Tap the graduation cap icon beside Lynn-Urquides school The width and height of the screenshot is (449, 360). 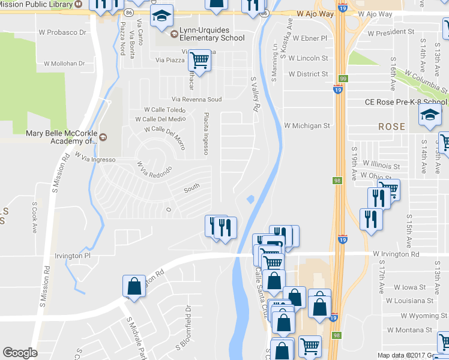tap(161, 17)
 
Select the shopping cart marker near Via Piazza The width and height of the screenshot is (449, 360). tap(199, 60)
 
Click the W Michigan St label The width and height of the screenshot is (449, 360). tap(307, 126)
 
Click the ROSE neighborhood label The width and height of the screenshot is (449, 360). tap(391, 127)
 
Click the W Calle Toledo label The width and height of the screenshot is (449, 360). tap(166, 110)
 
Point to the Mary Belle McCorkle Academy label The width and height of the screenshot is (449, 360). tap(62, 137)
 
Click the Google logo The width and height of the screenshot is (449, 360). tap(20, 353)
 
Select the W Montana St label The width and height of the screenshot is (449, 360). tap(409, 330)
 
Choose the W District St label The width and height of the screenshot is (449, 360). tap(308, 74)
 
